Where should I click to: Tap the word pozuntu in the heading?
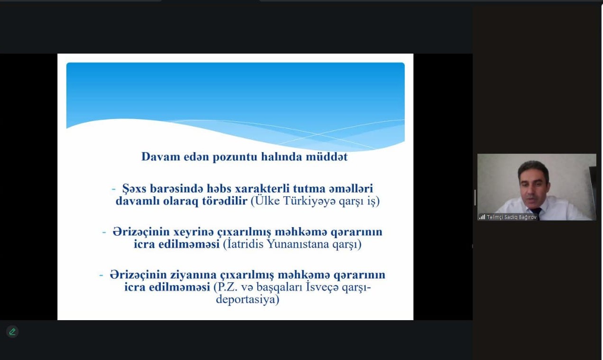235,157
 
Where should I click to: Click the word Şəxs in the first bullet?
134,189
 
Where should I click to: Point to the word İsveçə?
322,287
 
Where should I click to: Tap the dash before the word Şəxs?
113,189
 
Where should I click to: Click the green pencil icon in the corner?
12,332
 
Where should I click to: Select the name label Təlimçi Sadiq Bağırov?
511,217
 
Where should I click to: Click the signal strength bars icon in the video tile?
482,217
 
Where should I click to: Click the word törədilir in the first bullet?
225,201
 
